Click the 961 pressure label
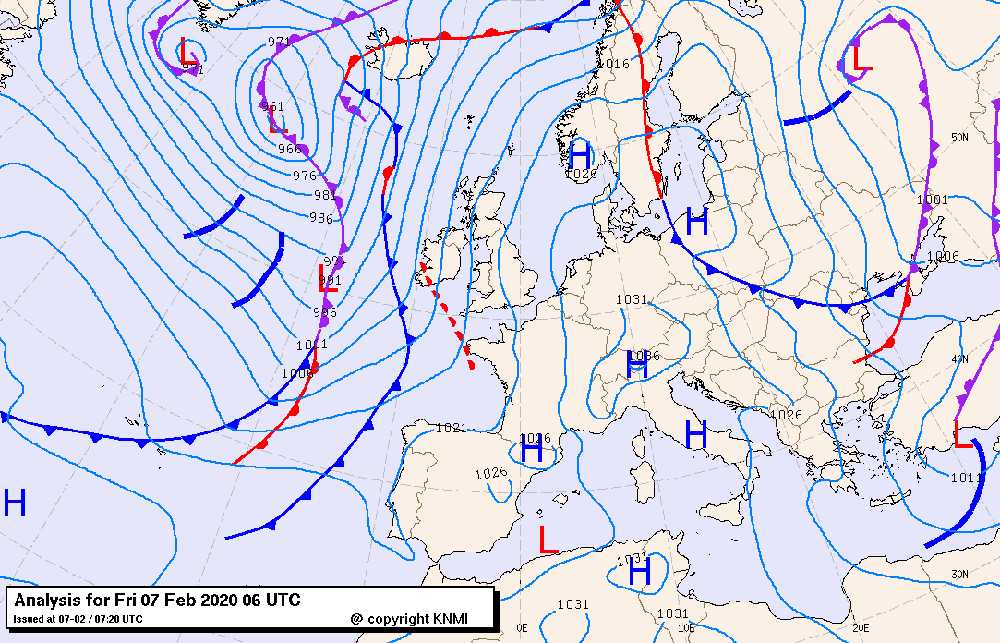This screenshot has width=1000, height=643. pos(272,106)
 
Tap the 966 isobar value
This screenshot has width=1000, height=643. pos(290,149)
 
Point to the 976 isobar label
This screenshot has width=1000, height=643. pos(305,176)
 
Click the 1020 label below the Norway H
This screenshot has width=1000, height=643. pos(581,174)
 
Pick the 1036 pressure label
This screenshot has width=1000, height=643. pos(644,356)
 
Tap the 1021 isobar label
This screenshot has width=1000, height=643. pos(451,428)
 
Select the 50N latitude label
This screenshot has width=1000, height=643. pos(960,138)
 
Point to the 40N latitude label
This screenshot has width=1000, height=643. pos(960,359)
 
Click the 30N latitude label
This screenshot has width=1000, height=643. pos(960,574)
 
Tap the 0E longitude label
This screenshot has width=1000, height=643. pos(523,627)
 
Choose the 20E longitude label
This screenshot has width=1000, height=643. pos(861,627)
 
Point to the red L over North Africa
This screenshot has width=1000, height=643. pos(548,540)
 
